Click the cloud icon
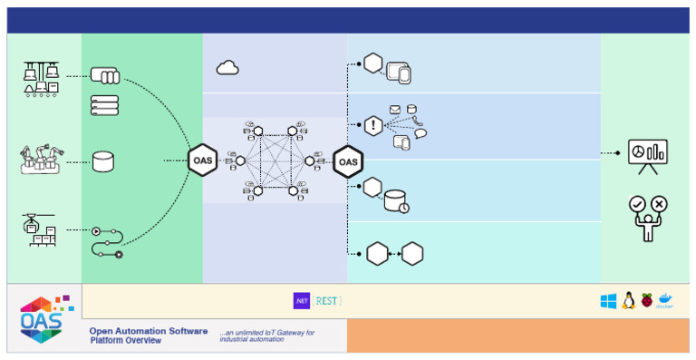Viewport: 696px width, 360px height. [227, 67]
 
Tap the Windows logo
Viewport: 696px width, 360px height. [608, 301]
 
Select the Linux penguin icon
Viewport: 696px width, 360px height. [628, 301]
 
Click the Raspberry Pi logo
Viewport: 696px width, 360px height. [646, 300]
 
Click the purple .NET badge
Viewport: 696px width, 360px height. [301, 300]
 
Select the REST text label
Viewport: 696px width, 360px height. [328, 300]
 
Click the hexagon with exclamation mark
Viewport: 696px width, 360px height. [372, 126]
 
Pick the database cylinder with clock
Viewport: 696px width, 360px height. [397, 201]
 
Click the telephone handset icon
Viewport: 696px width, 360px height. [417, 121]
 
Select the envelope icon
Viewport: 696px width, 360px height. [395, 110]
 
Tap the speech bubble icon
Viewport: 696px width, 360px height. [420, 134]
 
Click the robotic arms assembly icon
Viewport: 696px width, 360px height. [41, 160]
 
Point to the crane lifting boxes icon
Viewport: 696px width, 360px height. [39, 229]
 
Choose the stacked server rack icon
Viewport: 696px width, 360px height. [104, 104]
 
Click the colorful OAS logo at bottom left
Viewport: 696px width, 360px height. [42, 317]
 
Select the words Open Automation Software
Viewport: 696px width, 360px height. [148, 331]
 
